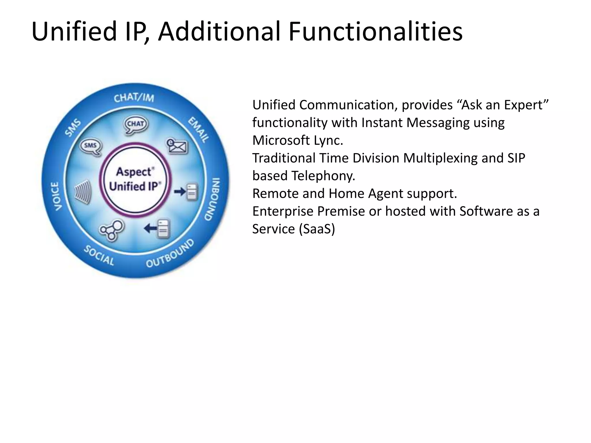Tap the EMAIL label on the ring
tap(199, 129)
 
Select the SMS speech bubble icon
tap(91, 147)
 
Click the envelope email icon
tap(177, 146)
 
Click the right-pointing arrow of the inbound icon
tap(179, 191)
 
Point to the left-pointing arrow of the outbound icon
tap(150, 229)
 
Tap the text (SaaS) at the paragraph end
tap(317, 229)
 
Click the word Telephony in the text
tap(323, 176)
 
